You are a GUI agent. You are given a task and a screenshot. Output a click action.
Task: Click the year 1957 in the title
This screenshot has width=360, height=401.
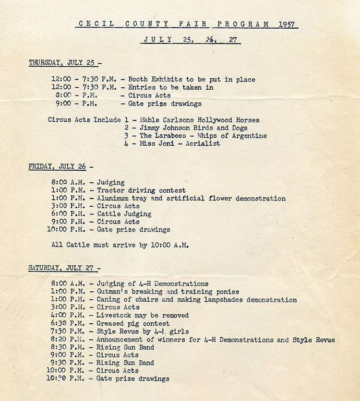click(286, 23)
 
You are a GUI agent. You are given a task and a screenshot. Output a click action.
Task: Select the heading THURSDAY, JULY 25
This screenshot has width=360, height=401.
click(62, 63)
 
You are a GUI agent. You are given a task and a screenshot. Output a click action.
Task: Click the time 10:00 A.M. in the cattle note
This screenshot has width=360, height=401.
click(168, 244)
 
